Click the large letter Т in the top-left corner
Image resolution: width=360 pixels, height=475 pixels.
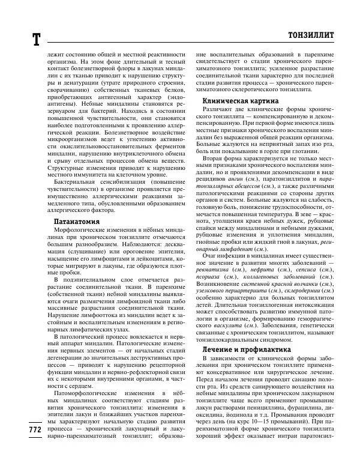tap(35, 39)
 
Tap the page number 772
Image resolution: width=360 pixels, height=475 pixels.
tap(34, 447)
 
